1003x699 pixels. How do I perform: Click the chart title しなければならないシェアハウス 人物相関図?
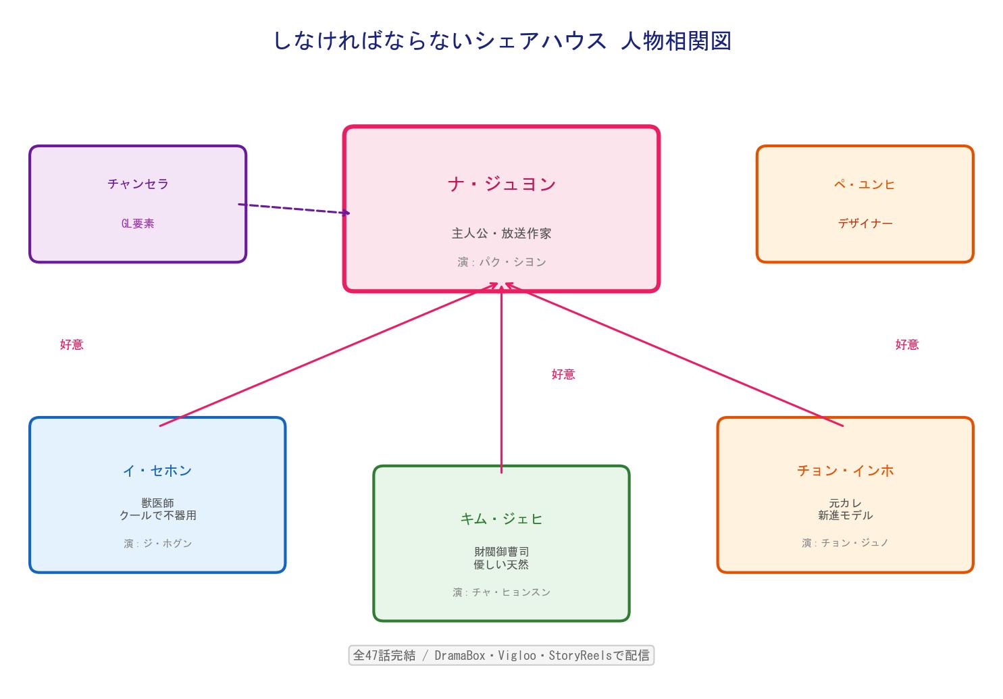point(502,41)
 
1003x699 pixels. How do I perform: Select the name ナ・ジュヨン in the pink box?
point(501,184)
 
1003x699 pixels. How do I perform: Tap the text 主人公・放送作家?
point(501,233)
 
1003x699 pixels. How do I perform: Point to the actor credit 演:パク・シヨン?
point(501,262)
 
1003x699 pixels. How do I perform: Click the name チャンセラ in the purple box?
point(138,184)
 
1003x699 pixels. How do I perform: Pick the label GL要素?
point(138,224)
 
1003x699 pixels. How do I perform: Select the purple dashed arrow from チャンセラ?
point(294,209)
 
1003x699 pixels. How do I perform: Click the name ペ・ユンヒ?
point(865,184)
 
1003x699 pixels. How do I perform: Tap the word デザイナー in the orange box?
point(865,224)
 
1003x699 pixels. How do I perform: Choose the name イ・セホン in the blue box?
point(157,471)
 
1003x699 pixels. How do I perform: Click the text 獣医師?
point(157,503)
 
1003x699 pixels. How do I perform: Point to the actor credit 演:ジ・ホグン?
point(157,543)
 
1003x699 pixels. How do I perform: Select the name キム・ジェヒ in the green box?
point(501,519)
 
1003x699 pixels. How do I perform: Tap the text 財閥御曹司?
point(501,552)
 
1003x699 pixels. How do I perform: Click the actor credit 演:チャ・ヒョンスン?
point(501,592)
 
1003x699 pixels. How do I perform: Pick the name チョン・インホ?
point(845,471)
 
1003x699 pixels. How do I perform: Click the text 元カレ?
point(845,503)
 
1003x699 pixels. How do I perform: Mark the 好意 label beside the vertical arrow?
point(563,374)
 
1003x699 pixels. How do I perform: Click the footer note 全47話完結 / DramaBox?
point(501,655)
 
